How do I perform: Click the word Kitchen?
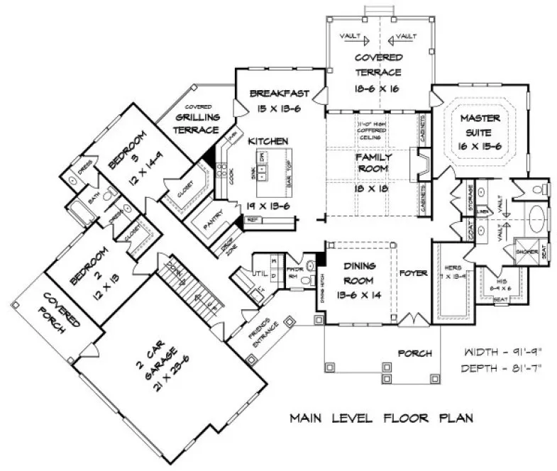coord(268,141)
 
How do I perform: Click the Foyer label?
coord(412,272)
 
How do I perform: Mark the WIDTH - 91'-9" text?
coord(495,353)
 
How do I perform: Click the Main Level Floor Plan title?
coord(381,418)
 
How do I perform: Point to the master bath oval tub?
coord(536,215)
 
